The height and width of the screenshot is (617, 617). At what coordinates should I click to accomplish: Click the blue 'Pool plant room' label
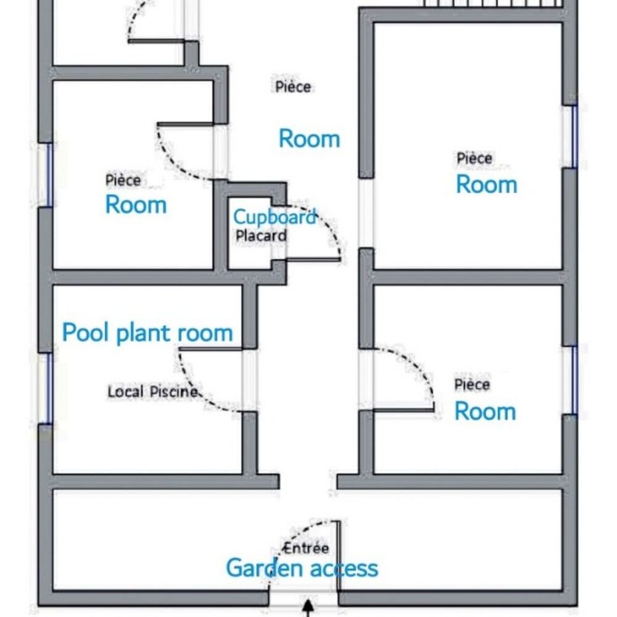point(147,333)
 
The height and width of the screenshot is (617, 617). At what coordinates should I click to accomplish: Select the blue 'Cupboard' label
point(275,217)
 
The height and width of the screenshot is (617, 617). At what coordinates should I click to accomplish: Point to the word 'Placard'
point(261,236)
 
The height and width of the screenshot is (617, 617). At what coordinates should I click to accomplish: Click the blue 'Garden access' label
point(302,568)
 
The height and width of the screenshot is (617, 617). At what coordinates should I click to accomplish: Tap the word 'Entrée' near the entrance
point(306,548)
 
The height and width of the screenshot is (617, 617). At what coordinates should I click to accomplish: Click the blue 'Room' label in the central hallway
point(309,139)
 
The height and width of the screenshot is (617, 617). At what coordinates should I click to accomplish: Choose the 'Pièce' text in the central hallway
point(293,86)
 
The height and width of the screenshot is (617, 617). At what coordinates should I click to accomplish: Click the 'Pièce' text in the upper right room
point(474,158)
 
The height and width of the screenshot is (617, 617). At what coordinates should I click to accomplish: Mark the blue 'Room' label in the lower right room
point(485,412)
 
